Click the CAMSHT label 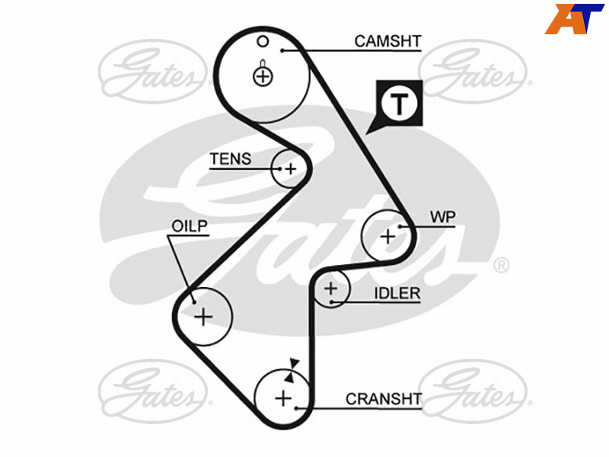click(387, 41)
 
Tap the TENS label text click(231, 159)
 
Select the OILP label click(189, 226)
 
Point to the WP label click(443, 217)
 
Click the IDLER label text click(397, 293)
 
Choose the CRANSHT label click(384, 399)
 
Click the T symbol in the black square click(399, 104)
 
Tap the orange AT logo click(575, 18)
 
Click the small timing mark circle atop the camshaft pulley click(263, 41)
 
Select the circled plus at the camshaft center click(263, 76)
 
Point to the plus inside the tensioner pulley click(291, 169)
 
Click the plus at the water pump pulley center click(387, 237)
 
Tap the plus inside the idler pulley click(331, 289)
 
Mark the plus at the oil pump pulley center click(203, 317)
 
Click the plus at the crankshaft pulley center click(283, 398)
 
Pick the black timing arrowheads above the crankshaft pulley click(292, 371)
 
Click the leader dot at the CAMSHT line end click(282, 50)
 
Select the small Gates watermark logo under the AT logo click(475, 71)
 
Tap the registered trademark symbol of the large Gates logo click(501, 265)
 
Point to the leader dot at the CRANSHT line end click(296, 408)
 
